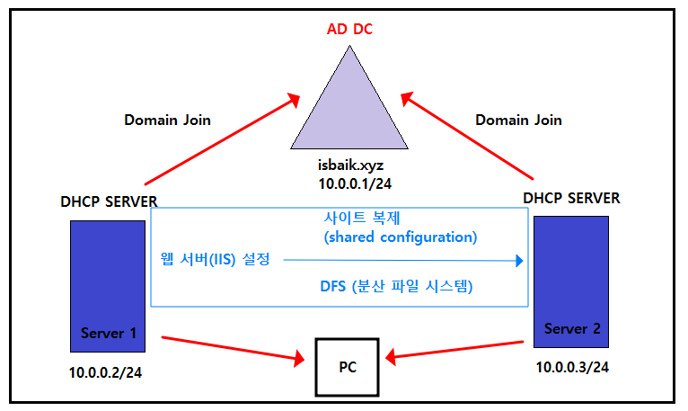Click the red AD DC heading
[348, 29]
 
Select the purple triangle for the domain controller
[348, 112]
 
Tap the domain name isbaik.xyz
[348, 165]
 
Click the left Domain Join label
[167, 120]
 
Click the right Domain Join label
[518, 120]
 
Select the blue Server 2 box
[571, 281]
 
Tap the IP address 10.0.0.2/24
[105, 371]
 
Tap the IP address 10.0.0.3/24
[573, 367]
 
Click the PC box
[348, 367]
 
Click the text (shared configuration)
[400, 237]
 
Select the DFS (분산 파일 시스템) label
[396, 288]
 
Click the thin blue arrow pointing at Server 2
[404, 262]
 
